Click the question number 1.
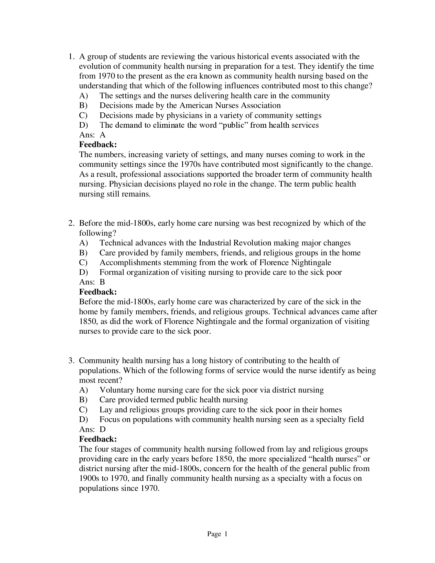click(71, 57)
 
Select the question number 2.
click(71, 223)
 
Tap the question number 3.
click(71, 360)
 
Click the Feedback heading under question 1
click(98, 145)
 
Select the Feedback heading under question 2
click(98, 292)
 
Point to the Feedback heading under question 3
click(98, 439)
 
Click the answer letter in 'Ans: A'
click(103, 135)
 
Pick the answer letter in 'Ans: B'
click(102, 282)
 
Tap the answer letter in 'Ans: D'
click(103, 429)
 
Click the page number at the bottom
click(226, 534)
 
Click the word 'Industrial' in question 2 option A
click(215, 243)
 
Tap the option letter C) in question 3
click(83, 410)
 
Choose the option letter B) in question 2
click(83, 253)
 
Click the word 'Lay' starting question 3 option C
click(106, 410)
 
